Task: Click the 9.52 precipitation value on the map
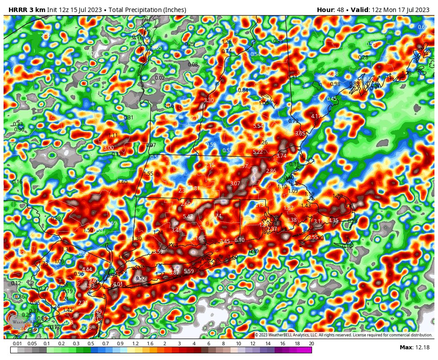(x=141, y=278)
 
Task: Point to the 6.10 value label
(x=239, y=240)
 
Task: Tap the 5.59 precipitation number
(x=189, y=271)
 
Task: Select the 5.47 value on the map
(x=188, y=217)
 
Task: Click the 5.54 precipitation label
(x=258, y=126)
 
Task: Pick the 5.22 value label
(x=258, y=152)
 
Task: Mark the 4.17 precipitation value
(x=316, y=116)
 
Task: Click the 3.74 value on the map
(x=281, y=156)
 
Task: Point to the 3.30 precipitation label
(x=208, y=100)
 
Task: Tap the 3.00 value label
(x=108, y=148)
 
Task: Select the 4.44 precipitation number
(x=87, y=270)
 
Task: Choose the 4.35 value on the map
(x=333, y=221)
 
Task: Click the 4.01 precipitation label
(x=118, y=284)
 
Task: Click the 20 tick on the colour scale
(x=311, y=344)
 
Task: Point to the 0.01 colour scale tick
(x=17, y=344)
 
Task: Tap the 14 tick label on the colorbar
(x=268, y=344)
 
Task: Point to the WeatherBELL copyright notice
(x=344, y=335)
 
